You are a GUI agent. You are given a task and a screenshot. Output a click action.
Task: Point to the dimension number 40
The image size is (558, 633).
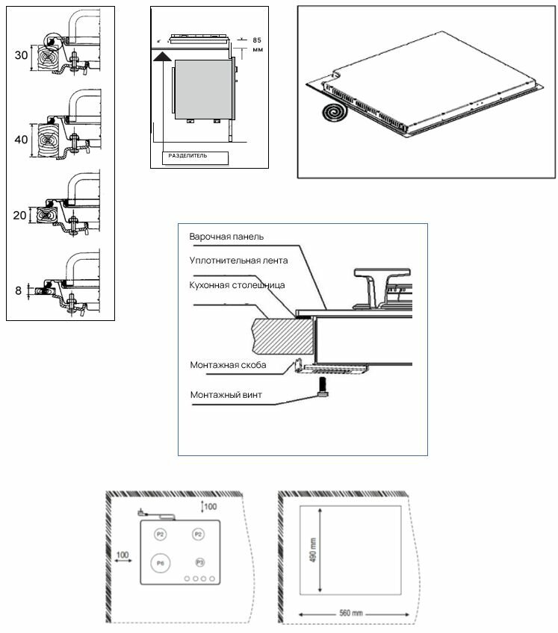(20, 140)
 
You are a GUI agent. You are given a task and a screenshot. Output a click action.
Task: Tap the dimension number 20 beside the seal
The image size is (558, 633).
(20, 215)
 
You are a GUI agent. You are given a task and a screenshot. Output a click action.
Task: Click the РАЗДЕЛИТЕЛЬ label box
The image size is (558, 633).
(193, 157)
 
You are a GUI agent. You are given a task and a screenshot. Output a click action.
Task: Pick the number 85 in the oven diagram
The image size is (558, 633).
(257, 39)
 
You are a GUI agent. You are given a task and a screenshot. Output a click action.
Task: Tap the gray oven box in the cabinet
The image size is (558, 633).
(202, 89)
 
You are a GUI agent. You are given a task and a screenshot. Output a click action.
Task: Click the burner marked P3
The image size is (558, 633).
(199, 561)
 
